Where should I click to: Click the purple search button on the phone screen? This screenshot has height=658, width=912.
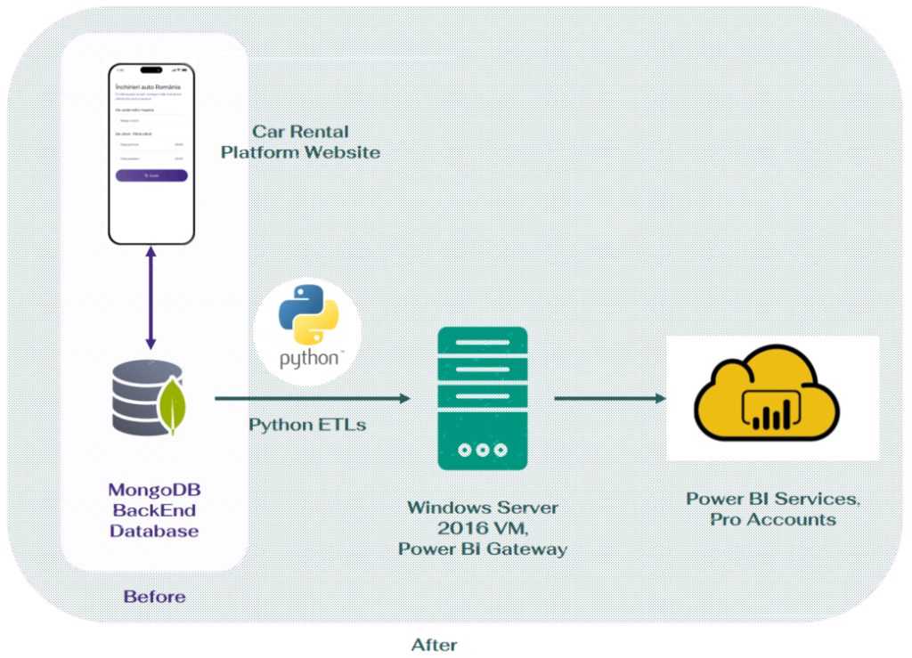click(x=151, y=176)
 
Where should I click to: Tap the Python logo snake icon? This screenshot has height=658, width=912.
click(x=308, y=318)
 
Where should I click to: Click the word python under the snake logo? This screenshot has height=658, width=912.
click(x=308, y=359)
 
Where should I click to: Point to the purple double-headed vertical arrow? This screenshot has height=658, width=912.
click(x=151, y=298)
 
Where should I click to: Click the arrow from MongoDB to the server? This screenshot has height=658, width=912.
click(x=312, y=398)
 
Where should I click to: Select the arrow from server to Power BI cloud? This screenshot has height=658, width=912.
click(x=609, y=398)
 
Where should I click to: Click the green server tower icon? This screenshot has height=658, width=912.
click(x=482, y=397)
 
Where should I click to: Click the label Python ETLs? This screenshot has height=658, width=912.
click(x=307, y=425)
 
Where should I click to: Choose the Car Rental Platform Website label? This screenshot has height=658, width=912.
click(x=300, y=142)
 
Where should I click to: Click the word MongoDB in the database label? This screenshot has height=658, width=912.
click(x=154, y=490)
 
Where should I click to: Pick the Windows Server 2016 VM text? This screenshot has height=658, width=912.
click(x=482, y=518)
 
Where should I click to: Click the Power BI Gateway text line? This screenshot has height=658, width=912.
click(x=482, y=549)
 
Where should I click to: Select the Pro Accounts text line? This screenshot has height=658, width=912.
click(x=772, y=520)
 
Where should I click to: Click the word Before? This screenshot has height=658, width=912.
click(x=154, y=597)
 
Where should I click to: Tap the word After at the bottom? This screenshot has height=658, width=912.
click(x=434, y=644)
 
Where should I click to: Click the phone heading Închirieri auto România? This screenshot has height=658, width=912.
click(x=148, y=86)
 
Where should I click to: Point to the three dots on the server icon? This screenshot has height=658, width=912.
click(x=482, y=450)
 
